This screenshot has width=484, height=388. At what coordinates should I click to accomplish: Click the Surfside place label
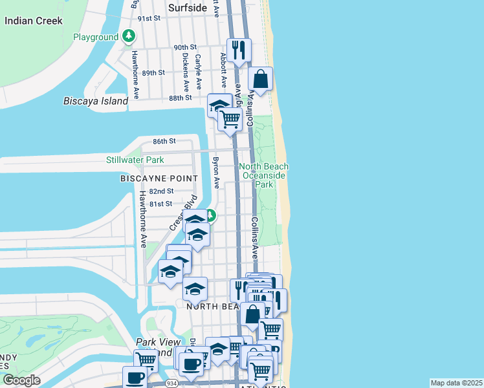188,8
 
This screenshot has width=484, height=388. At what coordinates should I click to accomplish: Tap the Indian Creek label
34,21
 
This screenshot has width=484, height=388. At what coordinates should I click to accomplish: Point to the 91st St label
148,19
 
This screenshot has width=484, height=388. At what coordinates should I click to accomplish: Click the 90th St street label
185,47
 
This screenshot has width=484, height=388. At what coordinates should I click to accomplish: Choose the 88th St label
181,98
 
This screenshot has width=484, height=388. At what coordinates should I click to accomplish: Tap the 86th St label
146,141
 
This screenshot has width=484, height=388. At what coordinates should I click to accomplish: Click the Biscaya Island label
96,102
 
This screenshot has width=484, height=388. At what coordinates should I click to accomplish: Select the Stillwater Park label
135,160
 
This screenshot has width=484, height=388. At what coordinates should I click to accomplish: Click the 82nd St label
161,191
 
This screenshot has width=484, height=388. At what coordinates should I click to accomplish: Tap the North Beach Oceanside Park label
264,175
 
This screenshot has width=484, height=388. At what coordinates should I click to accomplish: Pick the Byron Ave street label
216,173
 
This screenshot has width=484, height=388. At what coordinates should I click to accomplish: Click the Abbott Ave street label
224,70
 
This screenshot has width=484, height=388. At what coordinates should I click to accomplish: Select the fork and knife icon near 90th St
239,49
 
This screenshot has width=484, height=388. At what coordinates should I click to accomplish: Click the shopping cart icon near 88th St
230,119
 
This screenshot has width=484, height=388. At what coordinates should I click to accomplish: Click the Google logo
21,380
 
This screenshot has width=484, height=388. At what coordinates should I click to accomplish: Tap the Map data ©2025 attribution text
456,383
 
